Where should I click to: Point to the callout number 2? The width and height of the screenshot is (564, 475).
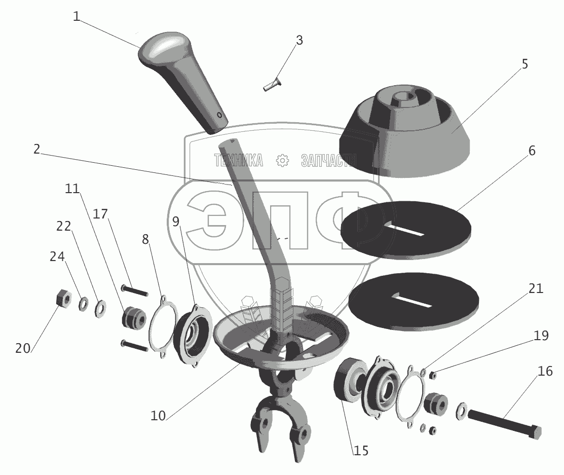tap(37, 150)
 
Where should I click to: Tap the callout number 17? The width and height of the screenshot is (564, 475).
tap(100, 214)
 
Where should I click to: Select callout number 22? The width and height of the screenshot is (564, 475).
tap(63, 227)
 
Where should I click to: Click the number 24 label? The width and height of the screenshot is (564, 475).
tap(57, 257)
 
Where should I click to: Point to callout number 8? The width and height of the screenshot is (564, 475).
tap(145, 239)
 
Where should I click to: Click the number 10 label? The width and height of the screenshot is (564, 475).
tap(158, 416)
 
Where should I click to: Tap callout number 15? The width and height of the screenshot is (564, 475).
tap(361, 450)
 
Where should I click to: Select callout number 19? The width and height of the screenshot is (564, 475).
tap(541, 335)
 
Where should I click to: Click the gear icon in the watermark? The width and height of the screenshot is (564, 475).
tap(282, 161)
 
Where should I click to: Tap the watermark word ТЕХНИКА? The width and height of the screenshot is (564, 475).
tap(239, 161)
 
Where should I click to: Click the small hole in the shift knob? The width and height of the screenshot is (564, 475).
tap(220, 115)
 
